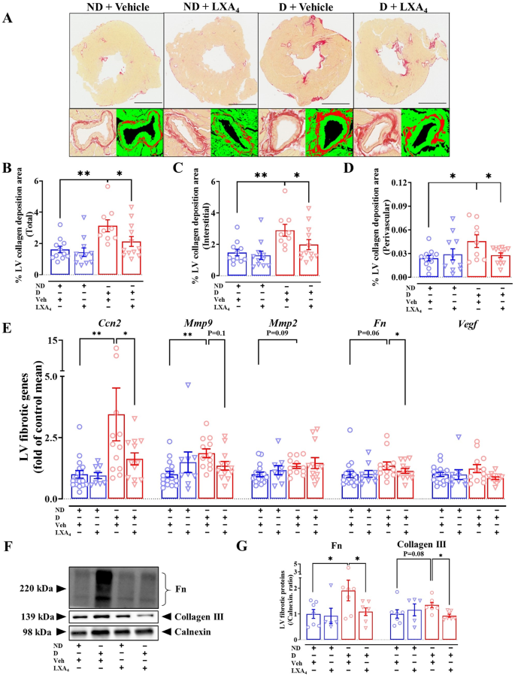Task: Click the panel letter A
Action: (x=8, y=17)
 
